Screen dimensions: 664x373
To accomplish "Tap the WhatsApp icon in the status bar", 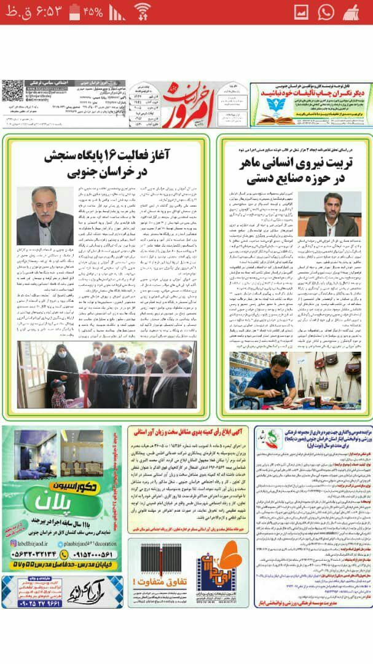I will click(326, 12).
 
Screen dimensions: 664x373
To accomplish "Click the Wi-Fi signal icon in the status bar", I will click(143, 12).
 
